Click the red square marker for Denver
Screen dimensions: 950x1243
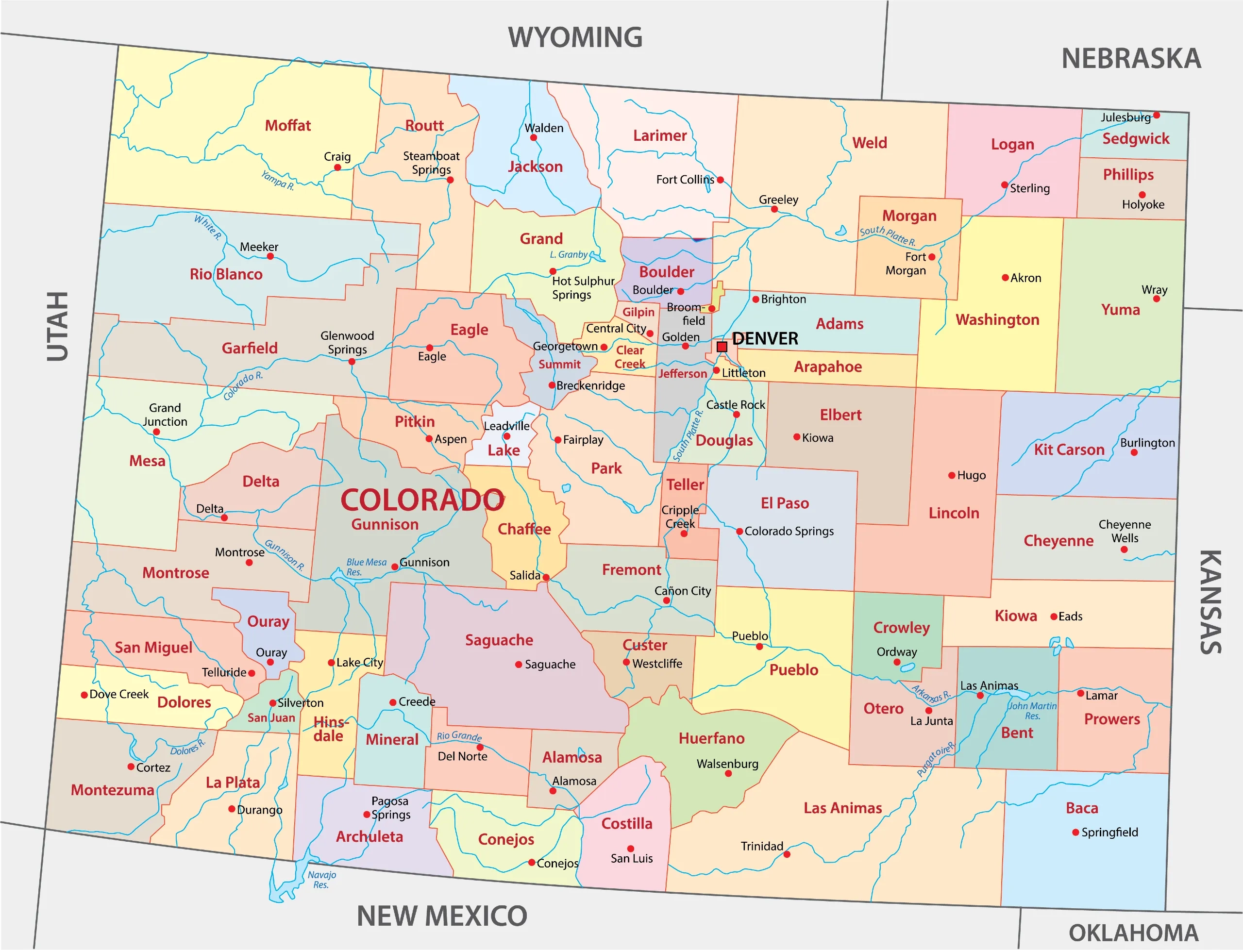click(x=722, y=347)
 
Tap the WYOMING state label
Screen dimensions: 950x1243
click(x=575, y=37)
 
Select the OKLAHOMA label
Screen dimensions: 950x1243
click(x=1133, y=933)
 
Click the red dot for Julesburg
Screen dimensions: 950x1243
click(x=1157, y=116)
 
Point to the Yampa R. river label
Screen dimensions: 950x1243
click(x=277, y=181)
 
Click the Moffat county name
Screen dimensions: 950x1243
click(x=288, y=126)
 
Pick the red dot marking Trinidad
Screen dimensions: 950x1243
click(x=787, y=854)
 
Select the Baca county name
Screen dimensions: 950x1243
click(x=1082, y=808)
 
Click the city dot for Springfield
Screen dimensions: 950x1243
click(x=1075, y=833)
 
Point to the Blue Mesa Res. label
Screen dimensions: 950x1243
click(x=366, y=567)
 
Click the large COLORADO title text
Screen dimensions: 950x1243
click(x=422, y=500)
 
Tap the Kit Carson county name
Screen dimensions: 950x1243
click(x=1069, y=450)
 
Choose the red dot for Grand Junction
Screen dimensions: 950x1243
click(x=157, y=432)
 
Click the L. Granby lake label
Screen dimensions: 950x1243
click(x=569, y=254)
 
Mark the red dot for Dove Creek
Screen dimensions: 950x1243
click(x=84, y=695)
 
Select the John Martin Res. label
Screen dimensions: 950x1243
click(x=1032, y=711)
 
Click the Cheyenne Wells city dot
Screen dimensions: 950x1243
click(x=1124, y=550)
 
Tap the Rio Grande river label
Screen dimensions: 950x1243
click(x=459, y=736)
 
